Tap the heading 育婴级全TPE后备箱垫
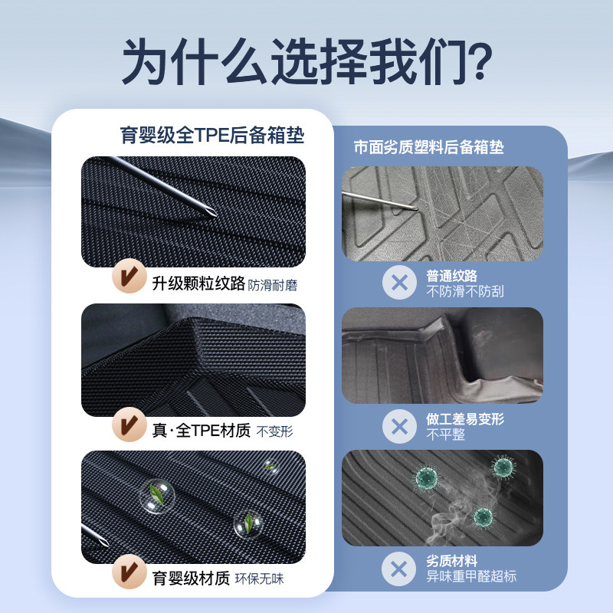pyautogui.click(x=212, y=136)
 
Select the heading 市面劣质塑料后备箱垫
pyautogui.click(x=428, y=148)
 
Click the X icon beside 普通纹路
pyautogui.click(x=399, y=283)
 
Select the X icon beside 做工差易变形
pyautogui.click(x=399, y=426)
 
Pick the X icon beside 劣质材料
pyautogui.click(x=399, y=569)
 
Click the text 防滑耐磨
pyautogui.click(x=273, y=285)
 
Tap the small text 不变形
pyautogui.click(x=275, y=431)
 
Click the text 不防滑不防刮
pyautogui.click(x=465, y=291)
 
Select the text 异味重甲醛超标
pyautogui.click(x=470, y=577)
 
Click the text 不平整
pyautogui.click(x=445, y=434)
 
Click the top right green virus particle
pyautogui.click(x=502, y=465)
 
